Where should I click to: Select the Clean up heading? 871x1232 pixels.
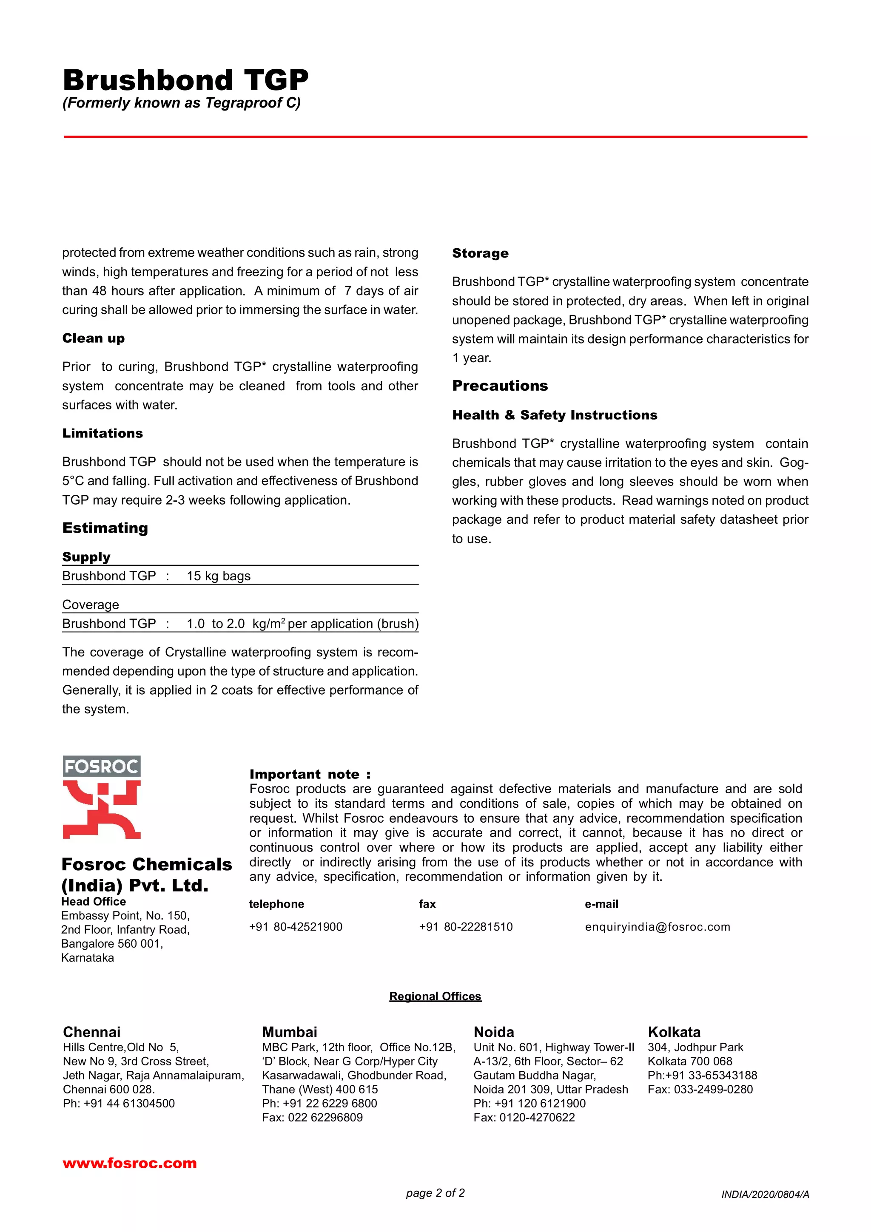94,338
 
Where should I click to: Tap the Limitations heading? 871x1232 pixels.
102,433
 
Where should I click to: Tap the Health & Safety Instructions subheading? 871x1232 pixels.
555,415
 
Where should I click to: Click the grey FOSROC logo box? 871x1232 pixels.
101,766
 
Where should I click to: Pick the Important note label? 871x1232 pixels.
310,774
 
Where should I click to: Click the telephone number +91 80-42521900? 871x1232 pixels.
295,927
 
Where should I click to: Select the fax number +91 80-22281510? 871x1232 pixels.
465,927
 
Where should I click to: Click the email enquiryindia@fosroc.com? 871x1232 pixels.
657,927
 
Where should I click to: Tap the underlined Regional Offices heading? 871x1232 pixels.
435,996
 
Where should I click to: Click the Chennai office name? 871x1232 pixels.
92,1032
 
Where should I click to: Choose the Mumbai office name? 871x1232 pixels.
289,1032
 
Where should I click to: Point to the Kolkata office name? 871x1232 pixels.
674,1032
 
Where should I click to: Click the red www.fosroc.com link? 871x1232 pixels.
129,1163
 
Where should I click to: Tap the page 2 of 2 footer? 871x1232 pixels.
435,1193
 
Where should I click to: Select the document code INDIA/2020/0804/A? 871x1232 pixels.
765,1195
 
